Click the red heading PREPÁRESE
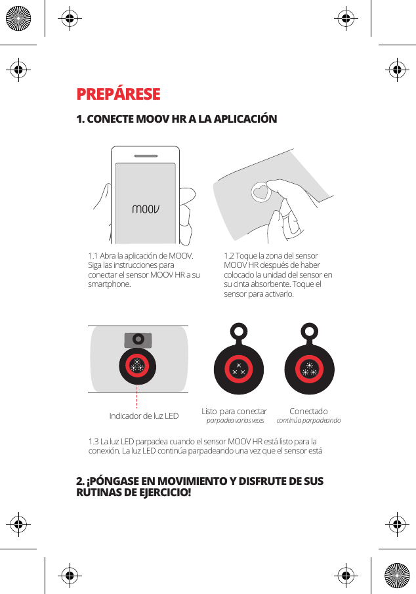click(x=118, y=94)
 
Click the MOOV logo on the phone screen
click(x=146, y=210)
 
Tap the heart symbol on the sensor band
click(x=261, y=193)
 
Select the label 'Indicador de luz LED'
click(x=144, y=415)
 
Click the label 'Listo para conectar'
click(x=234, y=412)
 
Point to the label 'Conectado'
click(x=308, y=412)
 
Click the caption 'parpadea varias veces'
click(x=235, y=421)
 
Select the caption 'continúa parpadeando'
click(x=308, y=421)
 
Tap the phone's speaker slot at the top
click(x=145, y=156)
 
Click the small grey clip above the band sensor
click(x=138, y=339)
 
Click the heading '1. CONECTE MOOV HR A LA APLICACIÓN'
click(x=177, y=119)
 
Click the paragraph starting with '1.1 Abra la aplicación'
click(x=144, y=270)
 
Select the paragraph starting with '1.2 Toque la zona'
click(x=278, y=274)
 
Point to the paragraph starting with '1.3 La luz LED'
click(x=205, y=446)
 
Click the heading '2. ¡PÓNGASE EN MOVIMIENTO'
click(x=199, y=486)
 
